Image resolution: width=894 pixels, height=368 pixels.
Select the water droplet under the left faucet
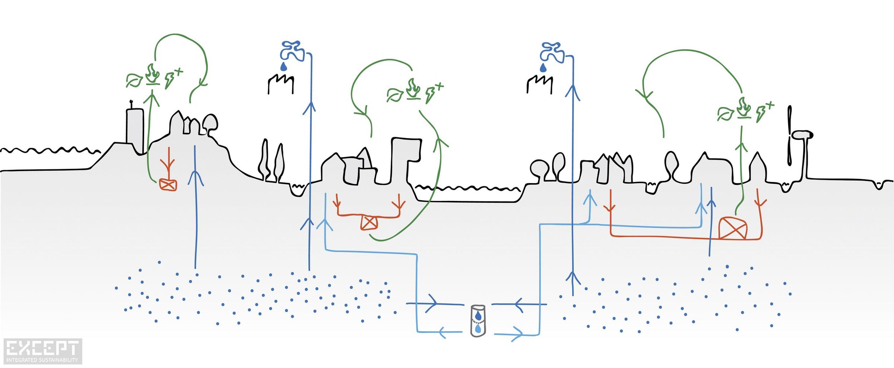pos(284,67)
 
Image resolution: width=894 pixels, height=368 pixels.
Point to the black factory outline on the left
pos(280,84)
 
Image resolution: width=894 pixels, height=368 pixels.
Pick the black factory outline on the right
pos(539,84)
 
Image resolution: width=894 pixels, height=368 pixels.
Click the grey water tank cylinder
pos(478,321)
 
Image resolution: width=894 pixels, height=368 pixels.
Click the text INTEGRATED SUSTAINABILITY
pos(42,360)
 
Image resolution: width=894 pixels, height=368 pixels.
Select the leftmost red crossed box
pos(168,185)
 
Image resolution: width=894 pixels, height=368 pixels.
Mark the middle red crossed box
pos(369,223)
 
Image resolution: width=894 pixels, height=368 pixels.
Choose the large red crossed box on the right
pos(733,228)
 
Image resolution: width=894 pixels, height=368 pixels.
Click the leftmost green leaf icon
pos(134,80)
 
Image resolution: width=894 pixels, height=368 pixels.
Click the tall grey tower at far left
pos(134,128)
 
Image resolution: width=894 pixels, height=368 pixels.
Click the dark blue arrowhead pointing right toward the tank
pos(432,304)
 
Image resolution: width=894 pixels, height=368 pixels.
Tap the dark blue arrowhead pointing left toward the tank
pos(520,304)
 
